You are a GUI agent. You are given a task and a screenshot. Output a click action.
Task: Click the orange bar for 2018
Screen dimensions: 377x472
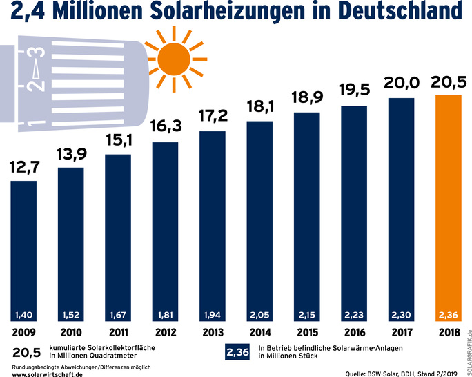click(449, 207)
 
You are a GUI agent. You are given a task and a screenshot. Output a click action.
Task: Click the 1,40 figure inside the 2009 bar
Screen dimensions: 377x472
click(24, 315)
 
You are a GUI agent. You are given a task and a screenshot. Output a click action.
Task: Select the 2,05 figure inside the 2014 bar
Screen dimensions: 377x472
click(260, 315)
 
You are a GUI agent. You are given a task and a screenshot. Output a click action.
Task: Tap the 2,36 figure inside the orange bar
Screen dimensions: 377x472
click(449, 315)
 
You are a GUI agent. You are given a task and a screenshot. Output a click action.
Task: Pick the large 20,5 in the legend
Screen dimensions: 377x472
click(26, 352)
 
